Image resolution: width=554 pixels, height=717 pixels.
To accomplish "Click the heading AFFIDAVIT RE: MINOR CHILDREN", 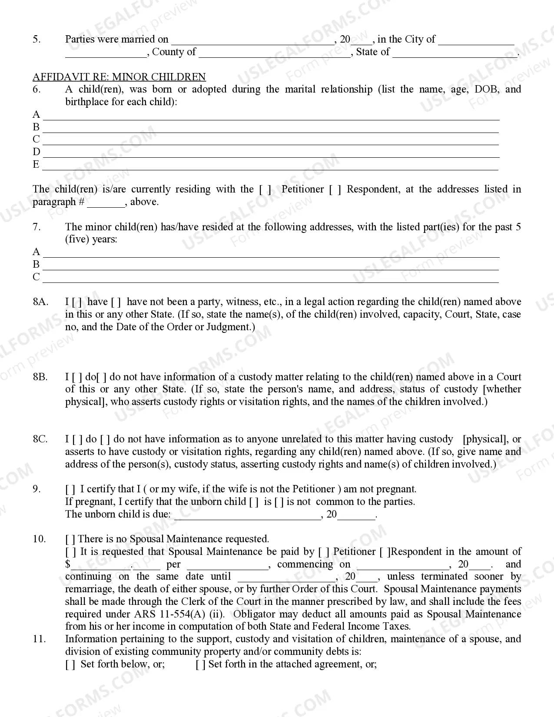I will click(x=119, y=77).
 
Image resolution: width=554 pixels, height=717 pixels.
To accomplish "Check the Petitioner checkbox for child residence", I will click(x=265, y=189).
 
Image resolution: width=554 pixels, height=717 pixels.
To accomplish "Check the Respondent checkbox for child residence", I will click(x=335, y=189).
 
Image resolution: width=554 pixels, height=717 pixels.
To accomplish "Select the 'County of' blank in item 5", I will click(x=275, y=53).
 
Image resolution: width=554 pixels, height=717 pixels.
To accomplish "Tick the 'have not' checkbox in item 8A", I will click(x=116, y=302).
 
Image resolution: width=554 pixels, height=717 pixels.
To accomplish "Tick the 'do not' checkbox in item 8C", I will click(x=106, y=439).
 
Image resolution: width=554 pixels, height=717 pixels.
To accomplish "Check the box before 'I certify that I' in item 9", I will click(x=70, y=489).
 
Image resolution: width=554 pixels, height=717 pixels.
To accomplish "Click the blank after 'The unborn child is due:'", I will click(x=247, y=515).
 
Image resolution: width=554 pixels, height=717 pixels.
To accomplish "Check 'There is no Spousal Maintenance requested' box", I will click(x=70, y=539).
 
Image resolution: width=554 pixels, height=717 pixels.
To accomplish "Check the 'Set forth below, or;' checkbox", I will click(x=70, y=664).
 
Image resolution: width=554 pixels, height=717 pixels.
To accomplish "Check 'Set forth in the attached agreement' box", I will click(x=200, y=664).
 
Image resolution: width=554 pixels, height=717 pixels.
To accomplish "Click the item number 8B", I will click(x=40, y=377).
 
